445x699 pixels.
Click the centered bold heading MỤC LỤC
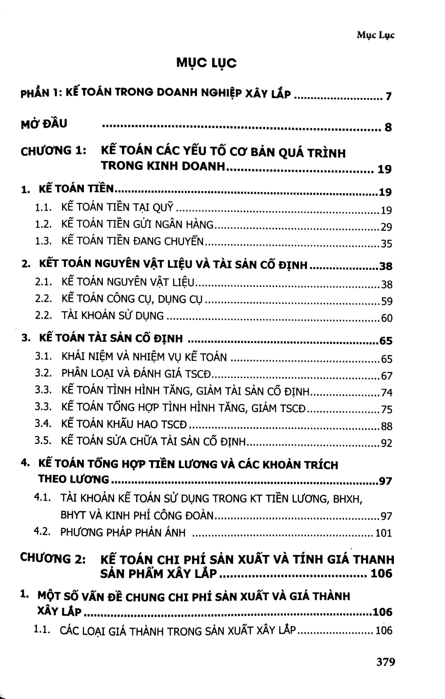pos(206,63)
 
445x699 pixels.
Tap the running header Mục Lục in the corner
pos(375,35)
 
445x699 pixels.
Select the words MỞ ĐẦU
pos(44,124)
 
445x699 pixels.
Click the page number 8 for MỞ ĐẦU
pos(388,127)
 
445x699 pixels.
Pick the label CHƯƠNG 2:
pos(53,558)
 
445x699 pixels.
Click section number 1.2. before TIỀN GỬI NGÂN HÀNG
pos(43,224)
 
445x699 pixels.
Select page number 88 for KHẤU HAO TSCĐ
pos(386,426)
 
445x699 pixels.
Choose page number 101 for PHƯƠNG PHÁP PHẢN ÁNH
pos(384,533)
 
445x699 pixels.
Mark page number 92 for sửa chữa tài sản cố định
pos(386,443)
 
